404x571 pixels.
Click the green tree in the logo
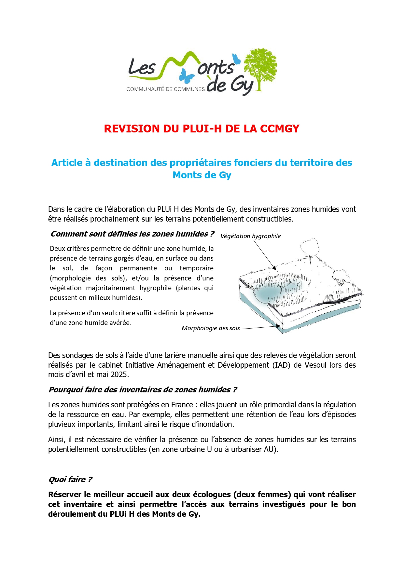coord(261,67)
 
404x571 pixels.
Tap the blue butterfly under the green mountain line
coord(187,76)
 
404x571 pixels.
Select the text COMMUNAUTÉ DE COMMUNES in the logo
coord(165,89)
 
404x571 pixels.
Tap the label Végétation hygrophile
coord(250,236)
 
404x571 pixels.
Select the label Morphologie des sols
coord(211,328)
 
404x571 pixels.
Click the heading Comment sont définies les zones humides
coord(132,234)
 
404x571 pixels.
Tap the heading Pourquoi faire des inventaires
coord(143,390)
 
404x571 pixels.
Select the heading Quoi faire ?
coord(70,480)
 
